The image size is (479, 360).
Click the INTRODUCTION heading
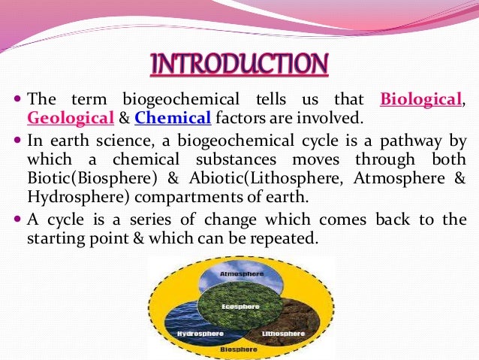tap(239, 64)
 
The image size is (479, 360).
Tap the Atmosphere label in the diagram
tap(239, 274)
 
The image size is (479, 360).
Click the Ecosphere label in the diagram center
tap(239, 307)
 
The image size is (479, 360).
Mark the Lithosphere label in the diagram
tap(283, 333)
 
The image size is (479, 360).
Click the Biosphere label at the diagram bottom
tap(239, 350)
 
